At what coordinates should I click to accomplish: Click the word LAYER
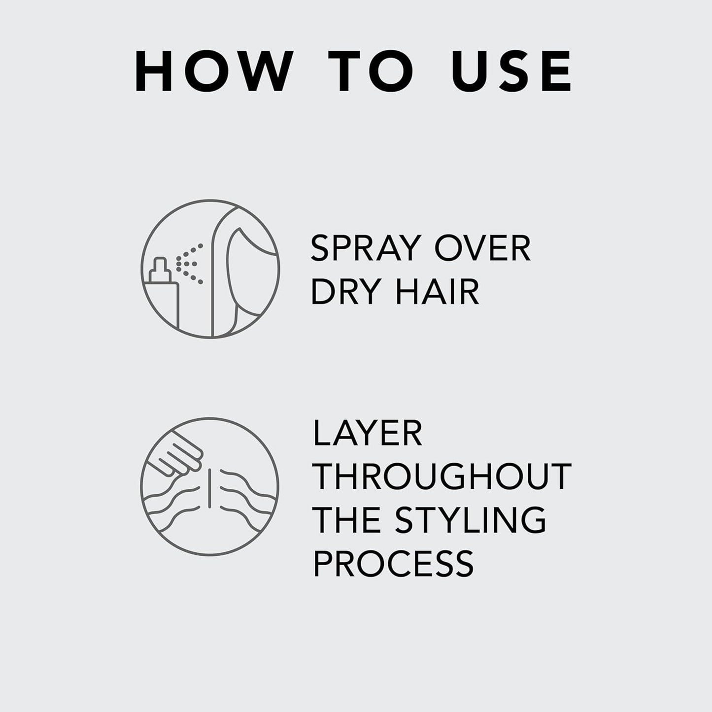(x=368, y=434)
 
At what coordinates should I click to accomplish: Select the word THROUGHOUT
(x=442, y=476)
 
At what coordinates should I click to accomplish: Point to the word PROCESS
(x=393, y=563)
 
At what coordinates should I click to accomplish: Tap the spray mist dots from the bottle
(x=190, y=263)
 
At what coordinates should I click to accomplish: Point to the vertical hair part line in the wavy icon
(x=210, y=487)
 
